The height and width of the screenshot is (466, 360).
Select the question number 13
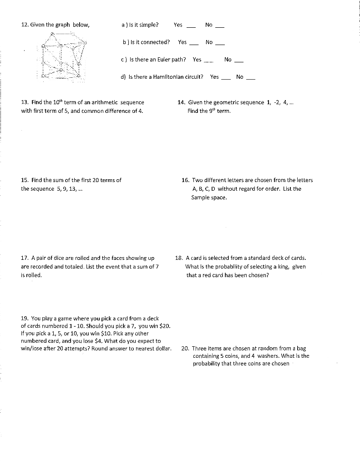tap(25, 102)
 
